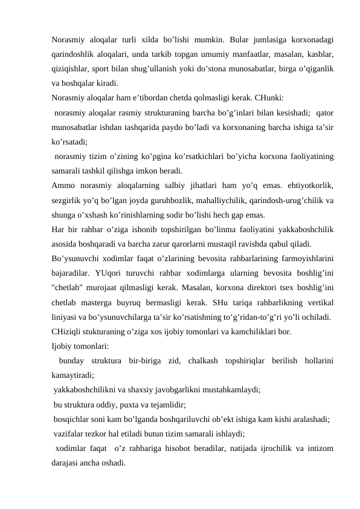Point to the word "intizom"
(x=321, y=449)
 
